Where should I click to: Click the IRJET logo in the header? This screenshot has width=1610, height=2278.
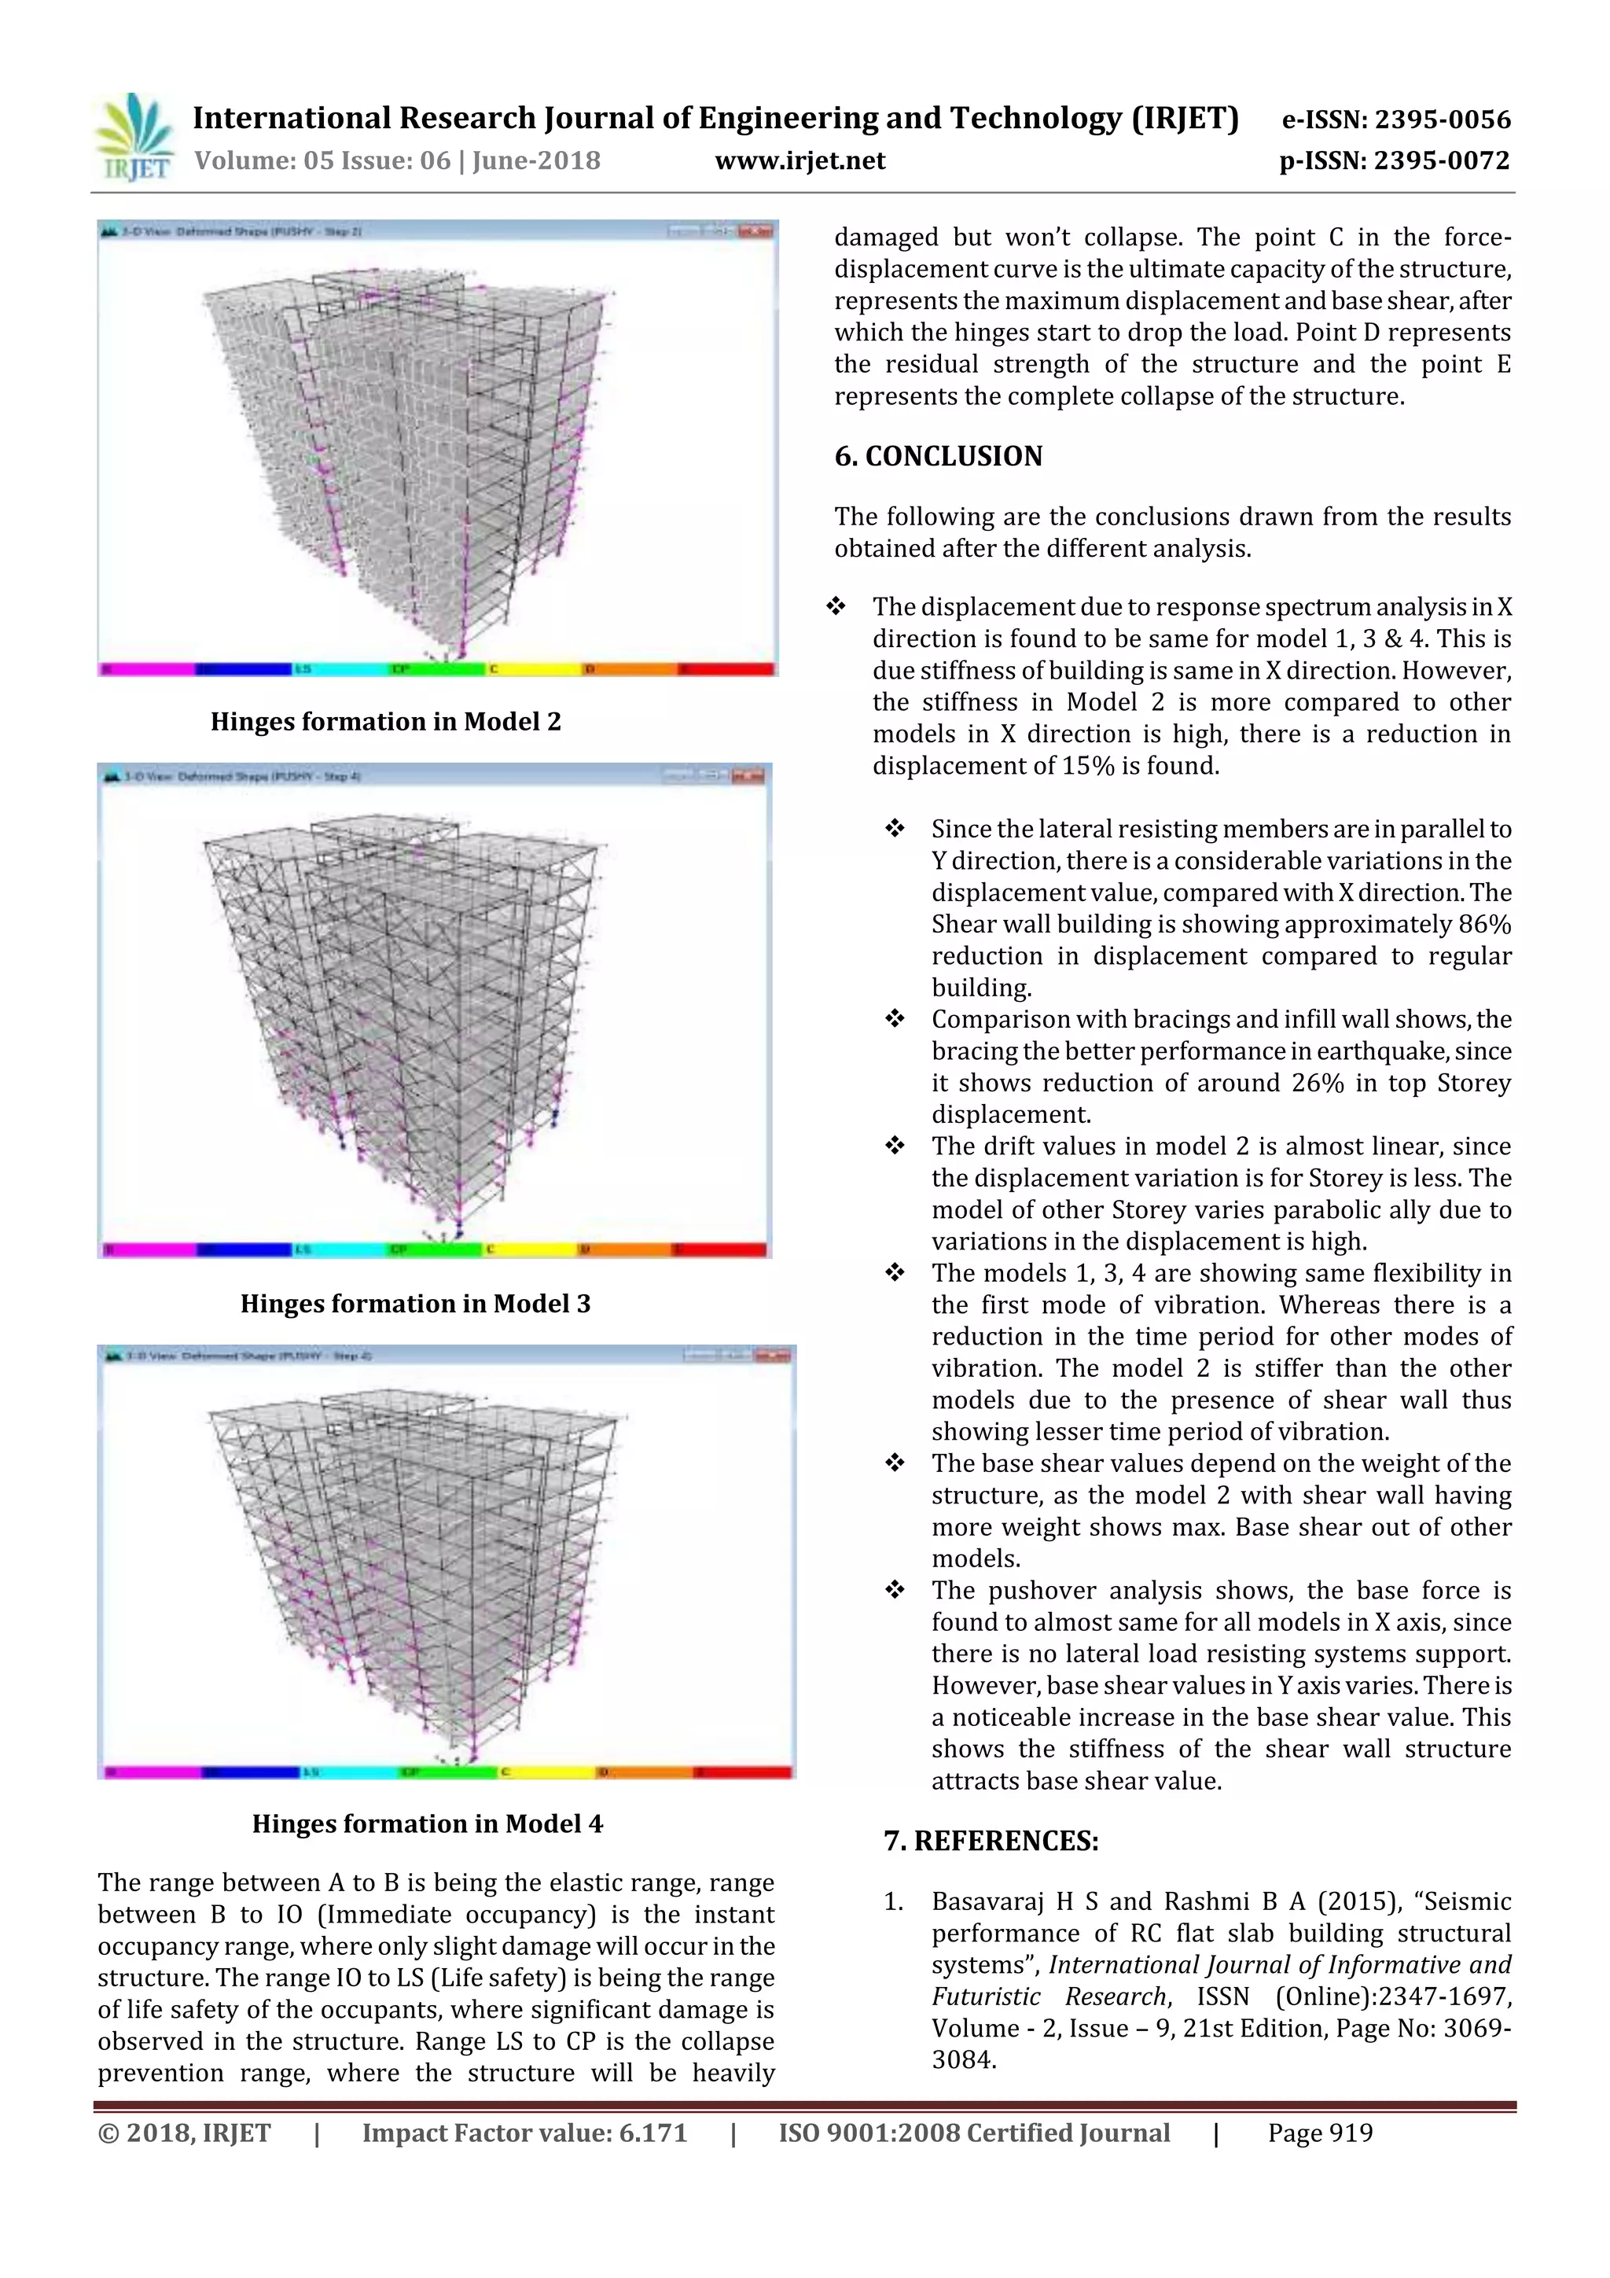pos(134,139)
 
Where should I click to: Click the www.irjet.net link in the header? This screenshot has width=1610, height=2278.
pos(799,160)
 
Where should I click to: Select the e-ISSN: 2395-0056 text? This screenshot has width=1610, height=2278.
pos(1395,120)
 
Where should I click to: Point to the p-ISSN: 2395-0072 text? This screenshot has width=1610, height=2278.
pos(1394,160)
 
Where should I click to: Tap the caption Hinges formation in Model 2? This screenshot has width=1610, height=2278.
pos(385,721)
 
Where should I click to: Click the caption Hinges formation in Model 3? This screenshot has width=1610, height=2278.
pos(414,1303)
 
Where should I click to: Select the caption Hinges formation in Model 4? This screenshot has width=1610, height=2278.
pos(427,1824)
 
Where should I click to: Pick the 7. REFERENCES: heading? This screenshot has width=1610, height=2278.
pos(990,1842)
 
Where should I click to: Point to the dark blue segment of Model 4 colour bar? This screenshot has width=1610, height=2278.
pos(250,1772)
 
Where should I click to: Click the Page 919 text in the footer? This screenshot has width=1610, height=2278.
pos(1319,2133)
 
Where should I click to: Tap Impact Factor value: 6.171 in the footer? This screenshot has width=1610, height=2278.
pos(524,2133)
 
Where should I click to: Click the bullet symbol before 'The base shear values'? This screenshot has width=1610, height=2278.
pos(894,1463)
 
